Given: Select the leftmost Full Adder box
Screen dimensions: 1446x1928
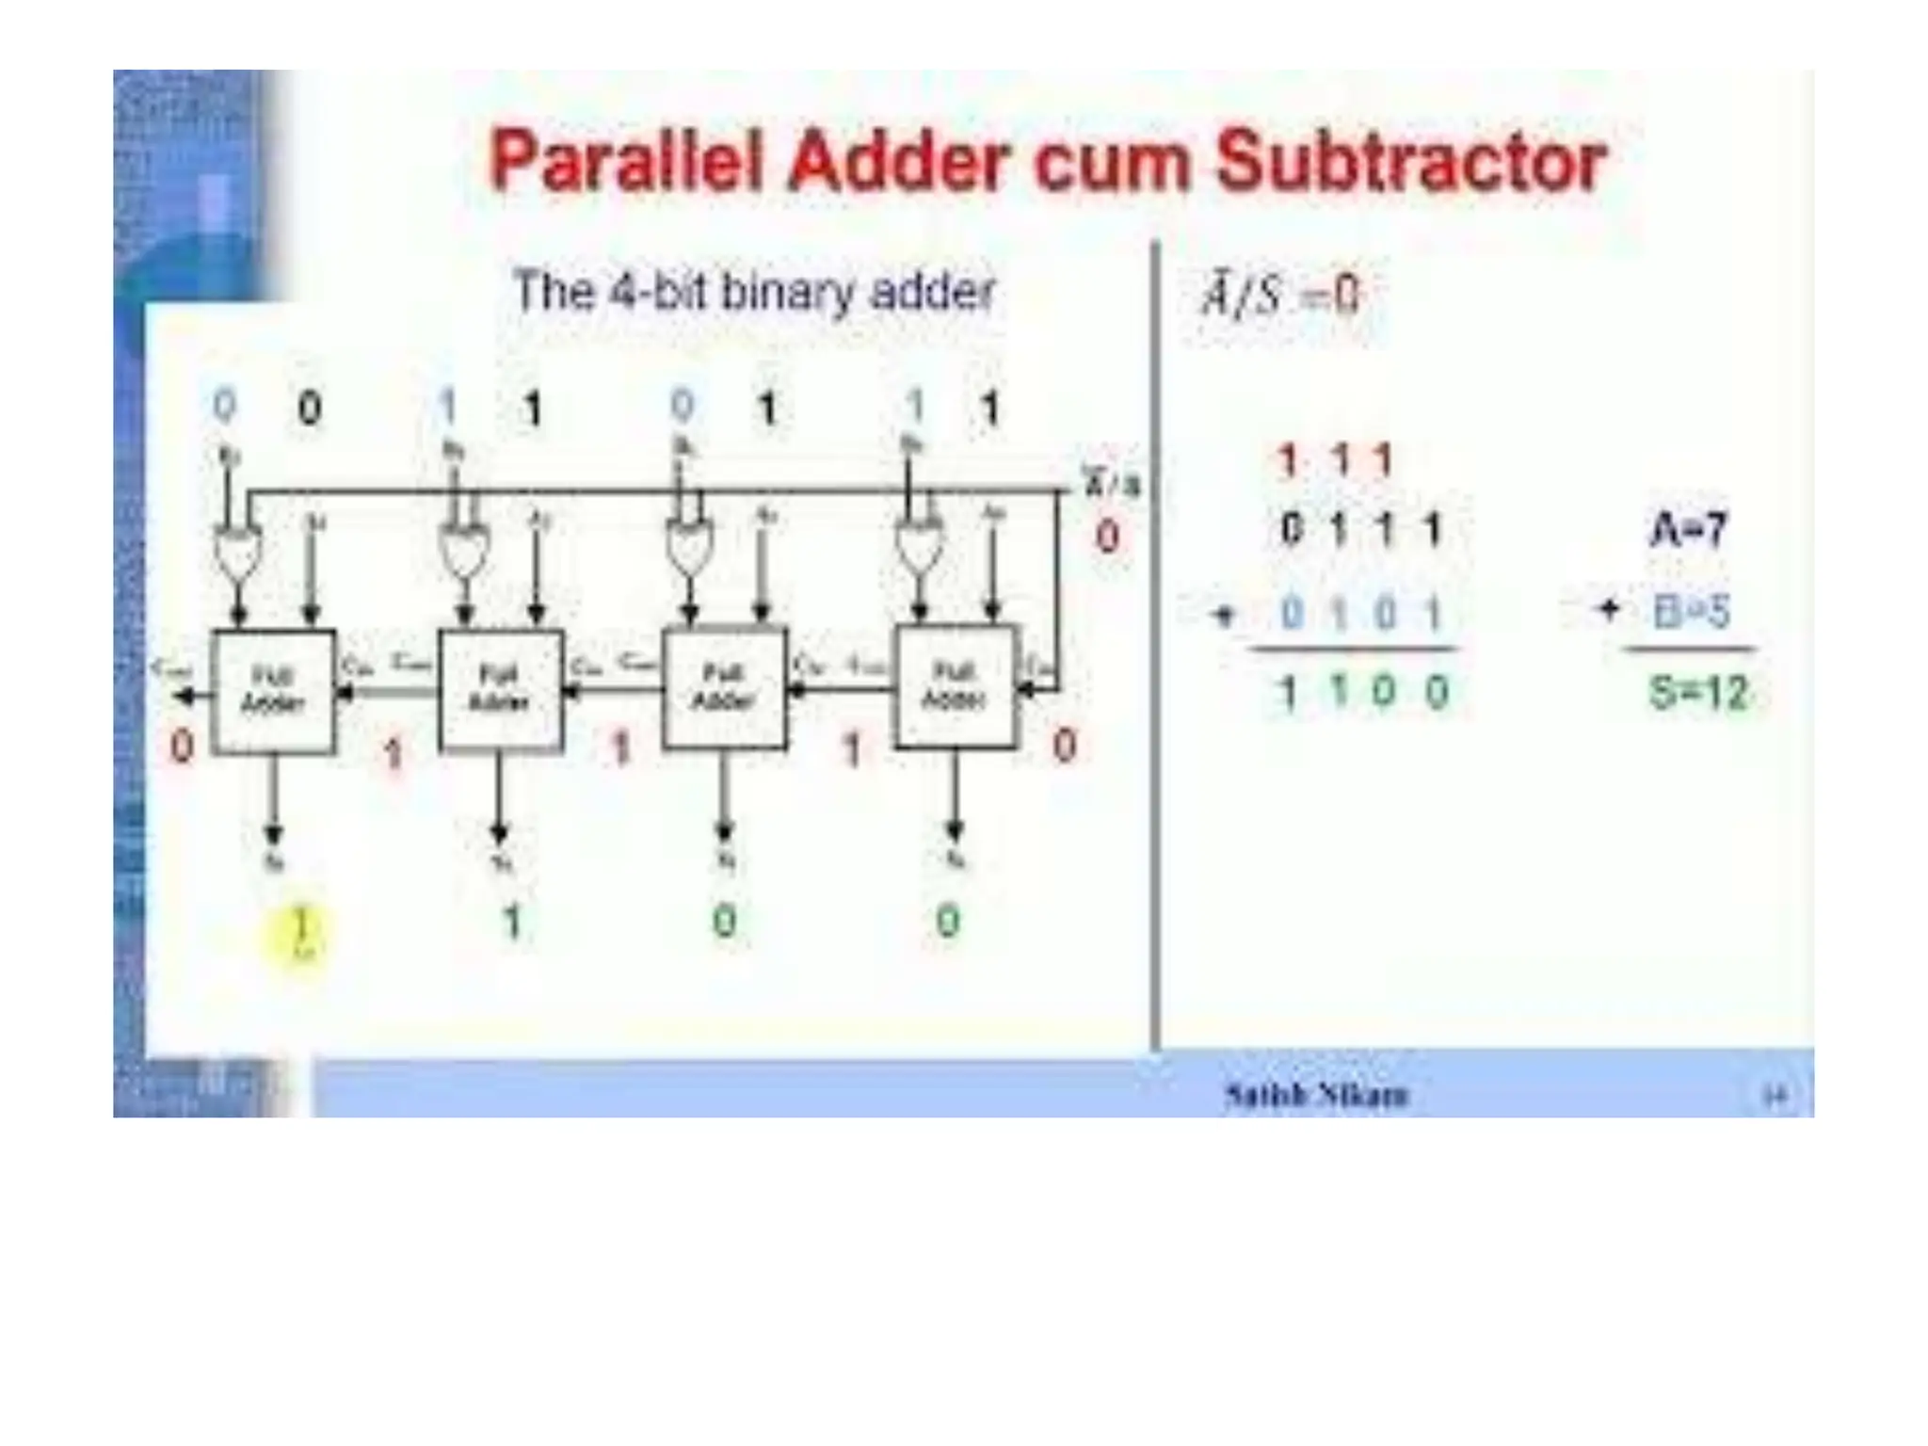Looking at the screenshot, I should click(274, 692).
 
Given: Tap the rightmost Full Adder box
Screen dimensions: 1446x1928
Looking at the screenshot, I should click(955, 686).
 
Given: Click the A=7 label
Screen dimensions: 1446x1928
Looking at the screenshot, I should click(1689, 529).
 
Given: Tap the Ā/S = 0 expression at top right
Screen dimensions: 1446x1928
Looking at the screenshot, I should click(1280, 296).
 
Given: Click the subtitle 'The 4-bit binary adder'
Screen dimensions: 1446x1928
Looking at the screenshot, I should click(753, 291).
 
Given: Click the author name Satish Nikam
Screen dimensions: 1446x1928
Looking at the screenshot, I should click(1316, 1094).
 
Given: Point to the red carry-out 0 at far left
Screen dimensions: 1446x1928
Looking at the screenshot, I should click(182, 747).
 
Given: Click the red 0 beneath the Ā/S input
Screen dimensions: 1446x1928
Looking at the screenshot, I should click(1108, 538).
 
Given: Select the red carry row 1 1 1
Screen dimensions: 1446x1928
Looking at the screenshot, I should click(1334, 462).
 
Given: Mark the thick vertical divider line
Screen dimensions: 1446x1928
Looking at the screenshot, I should click(1155, 650).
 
